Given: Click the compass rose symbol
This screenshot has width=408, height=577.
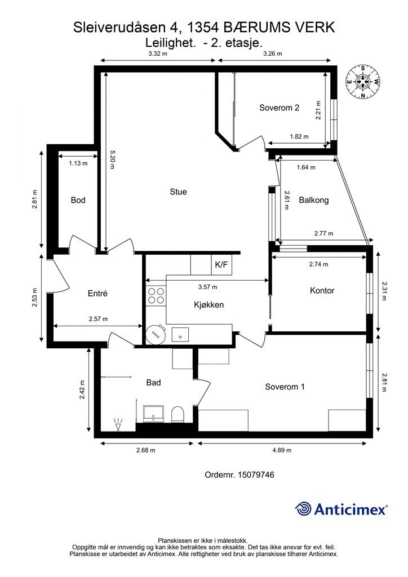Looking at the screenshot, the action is coord(363,82).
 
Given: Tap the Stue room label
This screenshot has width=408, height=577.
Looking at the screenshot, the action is coord(178,192).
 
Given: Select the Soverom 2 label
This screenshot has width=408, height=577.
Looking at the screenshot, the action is coord(280,108).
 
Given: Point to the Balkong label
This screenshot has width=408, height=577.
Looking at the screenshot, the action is coord(313,200).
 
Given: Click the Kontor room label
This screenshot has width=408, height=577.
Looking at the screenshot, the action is coord(322,291).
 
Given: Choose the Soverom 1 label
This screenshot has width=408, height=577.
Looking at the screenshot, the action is coord(285,387).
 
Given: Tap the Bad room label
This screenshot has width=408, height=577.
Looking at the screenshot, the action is coord(153,383).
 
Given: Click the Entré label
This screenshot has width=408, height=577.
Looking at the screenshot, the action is coord(97,293).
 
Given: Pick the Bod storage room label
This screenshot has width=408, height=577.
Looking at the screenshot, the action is coord(78,200).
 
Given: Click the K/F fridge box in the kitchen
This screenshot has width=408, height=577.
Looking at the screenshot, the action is coord(221,264).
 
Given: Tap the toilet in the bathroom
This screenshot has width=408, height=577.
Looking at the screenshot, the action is coord(178,414).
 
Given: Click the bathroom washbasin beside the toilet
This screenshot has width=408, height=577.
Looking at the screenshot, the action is coord(153,414).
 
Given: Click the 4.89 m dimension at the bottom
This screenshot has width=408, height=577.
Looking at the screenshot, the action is coord(282,450).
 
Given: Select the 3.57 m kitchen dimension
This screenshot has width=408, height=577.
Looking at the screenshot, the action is coord(207,287).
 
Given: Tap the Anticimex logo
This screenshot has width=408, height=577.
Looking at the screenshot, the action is coord(341,509).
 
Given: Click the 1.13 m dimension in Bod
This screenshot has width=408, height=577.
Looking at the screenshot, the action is coord(78,163).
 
